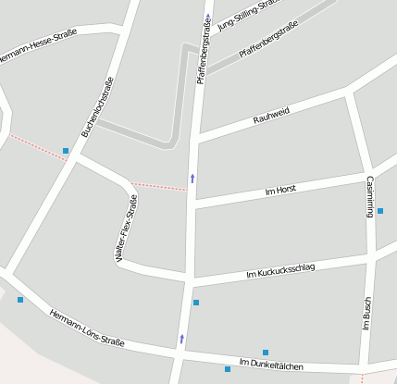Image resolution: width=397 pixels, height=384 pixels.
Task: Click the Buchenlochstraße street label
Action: (x=97, y=107)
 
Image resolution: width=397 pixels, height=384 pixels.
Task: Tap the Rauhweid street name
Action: (x=271, y=115)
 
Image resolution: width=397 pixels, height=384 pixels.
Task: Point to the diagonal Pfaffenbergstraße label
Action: (x=267, y=40)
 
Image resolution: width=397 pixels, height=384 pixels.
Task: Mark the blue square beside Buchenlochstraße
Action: (x=66, y=150)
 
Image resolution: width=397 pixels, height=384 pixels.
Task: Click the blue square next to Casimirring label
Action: (x=380, y=211)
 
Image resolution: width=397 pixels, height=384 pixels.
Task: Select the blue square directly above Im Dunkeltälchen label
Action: (x=266, y=353)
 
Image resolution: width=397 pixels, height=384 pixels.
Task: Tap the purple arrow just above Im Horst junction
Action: (x=192, y=177)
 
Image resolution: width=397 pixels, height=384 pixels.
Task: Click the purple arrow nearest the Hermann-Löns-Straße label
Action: (x=181, y=340)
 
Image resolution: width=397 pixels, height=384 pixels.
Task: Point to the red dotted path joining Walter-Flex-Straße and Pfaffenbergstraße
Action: (x=157, y=186)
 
